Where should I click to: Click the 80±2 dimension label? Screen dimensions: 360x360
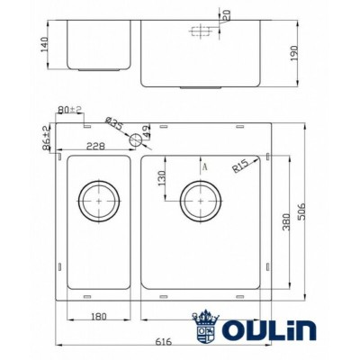click(x=69, y=110)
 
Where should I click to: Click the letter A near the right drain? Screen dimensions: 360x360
click(x=206, y=166)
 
